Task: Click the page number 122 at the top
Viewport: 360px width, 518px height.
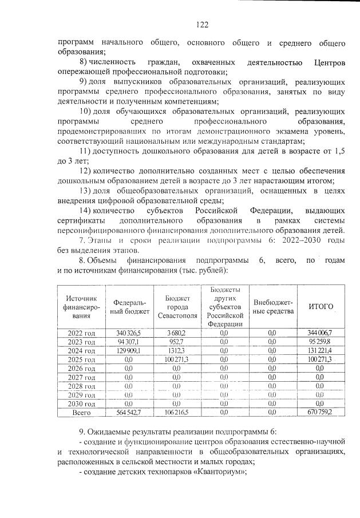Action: (201, 24)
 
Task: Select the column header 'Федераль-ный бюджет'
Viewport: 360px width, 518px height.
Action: (130, 307)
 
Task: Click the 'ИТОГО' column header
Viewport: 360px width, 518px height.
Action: (321, 307)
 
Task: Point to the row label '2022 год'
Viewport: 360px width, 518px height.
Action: (81, 333)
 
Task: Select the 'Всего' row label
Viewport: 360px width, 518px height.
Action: (81, 412)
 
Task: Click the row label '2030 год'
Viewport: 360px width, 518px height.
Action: (81, 402)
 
